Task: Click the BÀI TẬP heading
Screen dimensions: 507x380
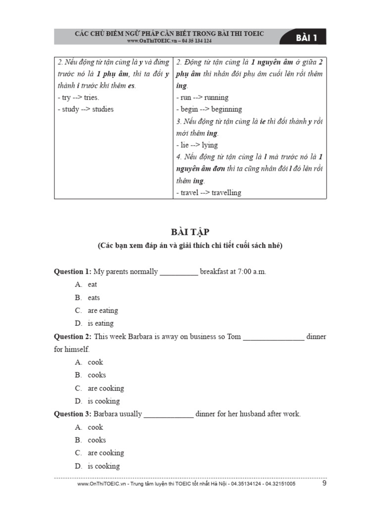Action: (x=190, y=232)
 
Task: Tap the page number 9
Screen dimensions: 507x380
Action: (x=324, y=483)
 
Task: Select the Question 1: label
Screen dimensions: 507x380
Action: (x=73, y=271)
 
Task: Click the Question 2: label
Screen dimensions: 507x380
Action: (x=73, y=337)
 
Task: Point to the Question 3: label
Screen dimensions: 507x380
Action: (x=73, y=414)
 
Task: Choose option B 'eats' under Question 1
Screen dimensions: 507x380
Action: (x=94, y=298)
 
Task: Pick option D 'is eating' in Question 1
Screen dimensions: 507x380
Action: (x=100, y=323)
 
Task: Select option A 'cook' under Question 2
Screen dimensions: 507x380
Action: (x=95, y=362)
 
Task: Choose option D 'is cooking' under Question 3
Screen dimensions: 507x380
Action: (x=103, y=466)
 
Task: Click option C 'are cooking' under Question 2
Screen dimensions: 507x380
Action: (x=105, y=388)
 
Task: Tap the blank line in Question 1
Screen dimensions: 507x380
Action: (x=179, y=272)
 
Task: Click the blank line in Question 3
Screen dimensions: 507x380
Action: (x=168, y=415)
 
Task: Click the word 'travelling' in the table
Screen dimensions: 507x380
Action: (x=226, y=193)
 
